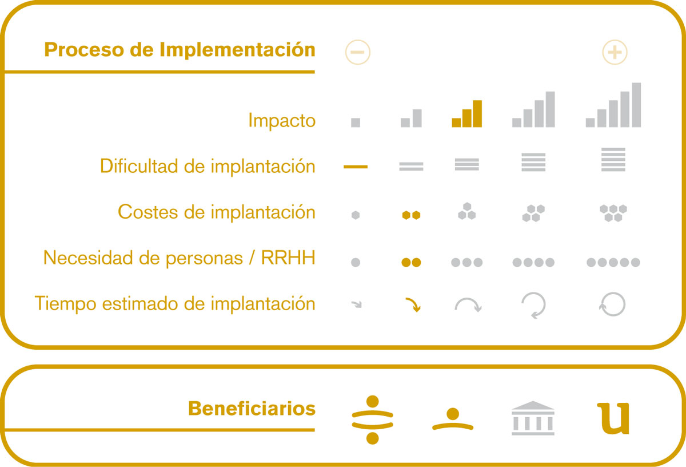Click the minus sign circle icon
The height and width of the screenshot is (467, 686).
(x=358, y=52)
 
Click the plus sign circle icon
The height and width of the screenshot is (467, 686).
(x=615, y=52)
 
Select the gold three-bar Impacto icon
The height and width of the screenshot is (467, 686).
(x=466, y=113)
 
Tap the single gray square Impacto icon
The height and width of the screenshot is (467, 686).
(x=356, y=122)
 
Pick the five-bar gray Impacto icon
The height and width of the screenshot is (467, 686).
(x=613, y=105)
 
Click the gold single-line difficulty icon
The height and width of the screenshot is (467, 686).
(x=356, y=167)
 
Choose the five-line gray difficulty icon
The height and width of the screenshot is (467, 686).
(x=613, y=160)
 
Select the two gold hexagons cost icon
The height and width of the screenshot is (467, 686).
(x=411, y=215)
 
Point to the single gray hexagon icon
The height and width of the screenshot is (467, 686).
(x=356, y=215)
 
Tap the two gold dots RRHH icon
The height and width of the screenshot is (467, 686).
(x=411, y=263)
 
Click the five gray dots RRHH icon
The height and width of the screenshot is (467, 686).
(x=613, y=263)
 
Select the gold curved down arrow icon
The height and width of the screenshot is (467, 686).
(x=413, y=305)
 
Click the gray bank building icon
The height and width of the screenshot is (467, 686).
(x=533, y=418)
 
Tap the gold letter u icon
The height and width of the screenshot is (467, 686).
(x=613, y=418)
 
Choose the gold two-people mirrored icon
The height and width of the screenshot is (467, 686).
(x=372, y=419)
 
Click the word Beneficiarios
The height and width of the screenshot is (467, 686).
(x=252, y=409)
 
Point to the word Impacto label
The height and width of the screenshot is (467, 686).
(x=282, y=121)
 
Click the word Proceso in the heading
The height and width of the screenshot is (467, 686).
(x=83, y=50)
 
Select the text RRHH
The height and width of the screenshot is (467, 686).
(x=288, y=258)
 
